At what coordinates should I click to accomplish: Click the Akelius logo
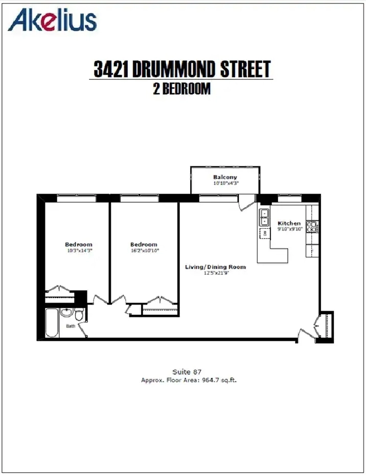52,19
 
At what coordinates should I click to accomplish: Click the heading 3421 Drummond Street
182,69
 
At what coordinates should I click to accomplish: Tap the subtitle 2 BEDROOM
181,89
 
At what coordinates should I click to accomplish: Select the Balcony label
225,177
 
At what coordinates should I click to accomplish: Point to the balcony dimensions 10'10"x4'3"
226,183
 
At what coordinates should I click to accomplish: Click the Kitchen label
289,223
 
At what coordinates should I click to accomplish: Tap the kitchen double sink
264,218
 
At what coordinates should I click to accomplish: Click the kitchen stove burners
312,227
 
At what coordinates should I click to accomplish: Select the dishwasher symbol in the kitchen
265,233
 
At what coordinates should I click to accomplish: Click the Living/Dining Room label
215,267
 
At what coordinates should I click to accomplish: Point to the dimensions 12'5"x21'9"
216,273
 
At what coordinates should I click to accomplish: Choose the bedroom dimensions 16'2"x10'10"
145,250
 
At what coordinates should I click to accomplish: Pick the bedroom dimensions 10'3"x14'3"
80,250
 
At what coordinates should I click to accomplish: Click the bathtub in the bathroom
52,323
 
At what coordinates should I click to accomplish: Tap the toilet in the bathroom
79,314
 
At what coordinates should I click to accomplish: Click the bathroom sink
66,312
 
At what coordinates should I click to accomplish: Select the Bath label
71,326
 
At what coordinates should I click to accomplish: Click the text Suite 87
187,372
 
